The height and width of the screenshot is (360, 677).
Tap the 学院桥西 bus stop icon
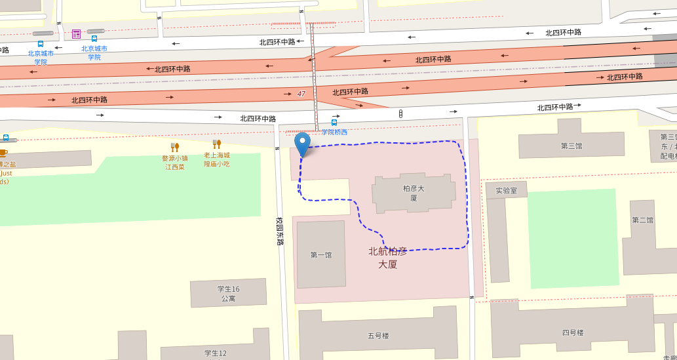334,123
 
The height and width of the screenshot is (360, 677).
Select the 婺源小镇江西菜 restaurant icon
175,147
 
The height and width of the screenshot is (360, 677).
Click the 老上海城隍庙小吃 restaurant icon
216,144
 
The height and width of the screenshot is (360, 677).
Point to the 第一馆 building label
321,254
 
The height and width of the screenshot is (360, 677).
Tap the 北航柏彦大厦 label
388,258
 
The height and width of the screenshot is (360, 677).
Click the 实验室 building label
506,191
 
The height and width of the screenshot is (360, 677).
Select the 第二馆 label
642,220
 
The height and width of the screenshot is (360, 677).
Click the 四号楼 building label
572,332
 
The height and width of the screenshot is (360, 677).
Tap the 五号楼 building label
378,336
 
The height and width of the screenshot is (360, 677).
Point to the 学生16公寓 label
228,294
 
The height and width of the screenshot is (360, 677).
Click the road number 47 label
301,94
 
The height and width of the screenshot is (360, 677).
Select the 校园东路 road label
280,231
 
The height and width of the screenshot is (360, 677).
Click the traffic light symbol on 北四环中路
400,114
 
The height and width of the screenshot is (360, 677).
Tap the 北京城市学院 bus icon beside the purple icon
94,39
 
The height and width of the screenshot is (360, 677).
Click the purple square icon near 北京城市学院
77,34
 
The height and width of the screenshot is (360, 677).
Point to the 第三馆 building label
571,146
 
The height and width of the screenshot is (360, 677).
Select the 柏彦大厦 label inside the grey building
414,193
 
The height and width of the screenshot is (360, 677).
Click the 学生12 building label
216,353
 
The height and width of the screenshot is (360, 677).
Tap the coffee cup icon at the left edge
3,153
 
